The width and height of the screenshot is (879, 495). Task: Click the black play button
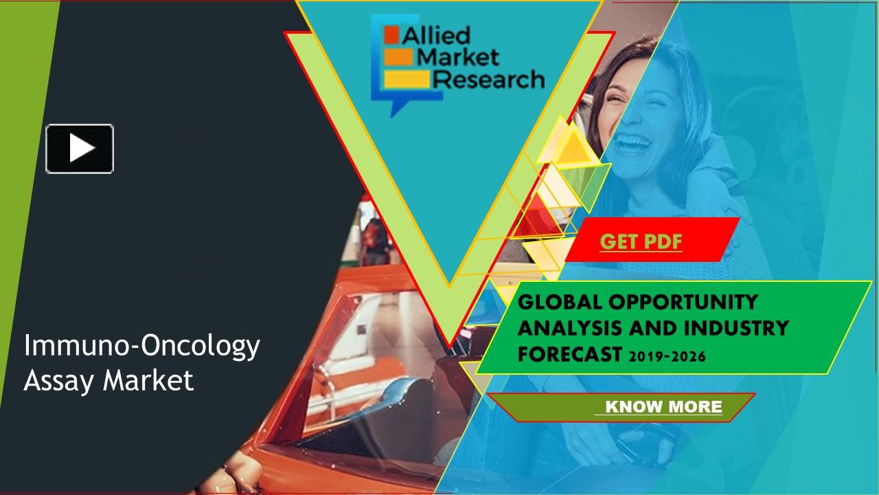[x=80, y=148]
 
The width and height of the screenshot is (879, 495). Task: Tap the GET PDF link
[x=641, y=242]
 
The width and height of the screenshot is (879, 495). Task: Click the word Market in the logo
[x=458, y=57]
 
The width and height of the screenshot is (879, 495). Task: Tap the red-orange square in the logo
[x=391, y=33]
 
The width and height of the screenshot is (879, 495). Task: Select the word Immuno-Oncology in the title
[x=141, y=346]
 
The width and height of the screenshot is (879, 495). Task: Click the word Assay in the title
[x=60, y=380]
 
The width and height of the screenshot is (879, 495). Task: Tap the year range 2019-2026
[x=665, y=356]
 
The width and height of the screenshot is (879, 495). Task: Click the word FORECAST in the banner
[x=568, y=355]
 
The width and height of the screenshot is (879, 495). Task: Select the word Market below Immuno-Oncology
[x=148, y=380]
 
